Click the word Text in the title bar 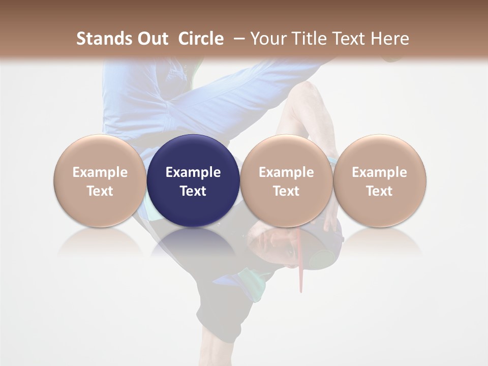click(x=349, y=39)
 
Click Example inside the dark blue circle click(x=193, y=172)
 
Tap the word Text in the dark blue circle click(x=193, y=191)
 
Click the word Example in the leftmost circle click(x=100, y=172)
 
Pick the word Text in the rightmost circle click(x=379, y=191)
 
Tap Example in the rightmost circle click(x=379, y=172)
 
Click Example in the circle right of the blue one click(x=286, y=172)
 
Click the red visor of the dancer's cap click(x=300, y=264)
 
